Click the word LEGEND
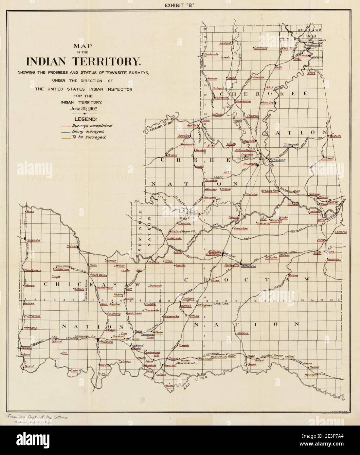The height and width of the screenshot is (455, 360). tap(85, 119)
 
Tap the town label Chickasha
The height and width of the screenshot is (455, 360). tap(33, 240)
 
